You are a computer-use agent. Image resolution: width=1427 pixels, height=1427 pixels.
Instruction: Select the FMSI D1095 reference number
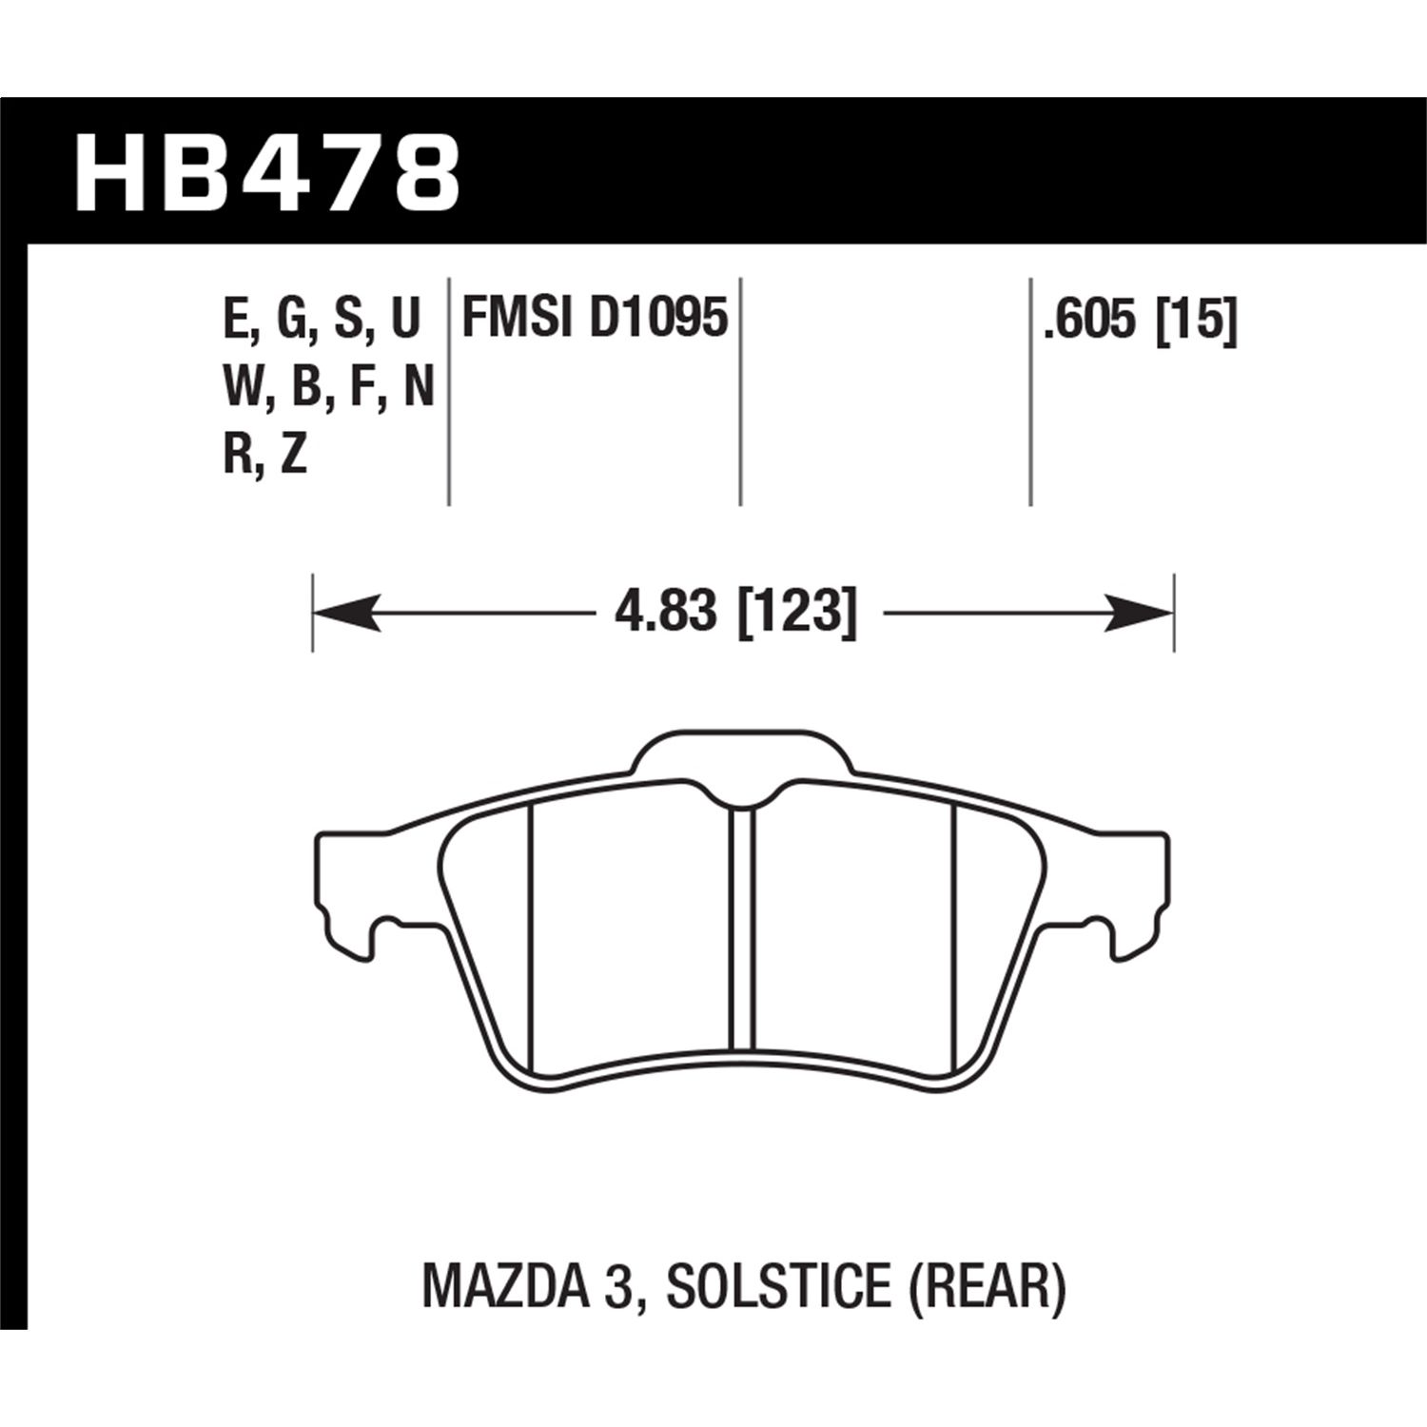[595, 319]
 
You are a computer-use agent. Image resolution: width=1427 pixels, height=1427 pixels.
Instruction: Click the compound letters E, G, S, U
[322, 319]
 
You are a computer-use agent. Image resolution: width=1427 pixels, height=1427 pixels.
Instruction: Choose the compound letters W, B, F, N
[328, 387]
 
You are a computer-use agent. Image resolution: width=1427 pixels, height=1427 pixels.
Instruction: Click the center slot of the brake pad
[741, 923]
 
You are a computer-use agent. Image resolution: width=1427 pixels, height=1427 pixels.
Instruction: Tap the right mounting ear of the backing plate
[1132, 875]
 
